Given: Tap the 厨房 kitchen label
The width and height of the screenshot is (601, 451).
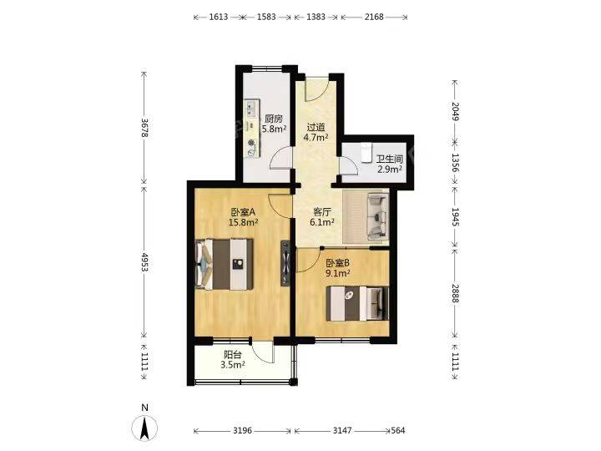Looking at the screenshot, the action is pos(274,119).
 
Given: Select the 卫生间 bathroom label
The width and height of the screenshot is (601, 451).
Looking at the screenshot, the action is pos(390,160).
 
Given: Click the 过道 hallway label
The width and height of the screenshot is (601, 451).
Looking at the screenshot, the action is pos(316,127).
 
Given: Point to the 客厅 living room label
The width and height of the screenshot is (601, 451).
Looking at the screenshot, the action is pos(322,211).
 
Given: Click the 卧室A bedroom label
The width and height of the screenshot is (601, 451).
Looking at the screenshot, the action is pos(243,211).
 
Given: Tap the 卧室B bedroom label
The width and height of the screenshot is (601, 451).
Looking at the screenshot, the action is pos(338,263).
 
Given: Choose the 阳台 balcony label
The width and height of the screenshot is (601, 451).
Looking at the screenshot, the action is pos(233,355).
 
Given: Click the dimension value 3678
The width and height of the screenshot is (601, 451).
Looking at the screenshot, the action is pos(144,127).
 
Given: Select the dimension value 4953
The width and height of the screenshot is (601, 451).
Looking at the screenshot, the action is pos(144,262).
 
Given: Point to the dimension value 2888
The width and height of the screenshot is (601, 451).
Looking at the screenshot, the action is pos(455,293).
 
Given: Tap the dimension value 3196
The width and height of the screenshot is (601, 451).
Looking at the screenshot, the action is pos(242,431).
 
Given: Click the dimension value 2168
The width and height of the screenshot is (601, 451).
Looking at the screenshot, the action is pos(374,17).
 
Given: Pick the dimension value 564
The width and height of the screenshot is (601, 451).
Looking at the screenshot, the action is pos(398,431).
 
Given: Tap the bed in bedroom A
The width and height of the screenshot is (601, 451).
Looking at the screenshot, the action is pos(225,264).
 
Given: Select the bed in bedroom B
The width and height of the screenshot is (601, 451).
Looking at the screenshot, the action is pos(357,303).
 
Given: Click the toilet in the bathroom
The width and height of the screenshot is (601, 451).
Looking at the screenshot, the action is pos(366,150).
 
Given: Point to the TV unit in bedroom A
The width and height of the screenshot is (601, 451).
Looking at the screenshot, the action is pos(285,263).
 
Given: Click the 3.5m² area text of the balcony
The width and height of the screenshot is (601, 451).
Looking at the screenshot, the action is pos(233,365).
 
